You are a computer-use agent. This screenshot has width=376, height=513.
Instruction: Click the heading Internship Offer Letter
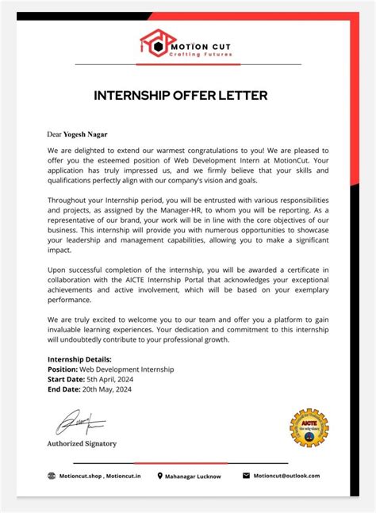click(181, 96)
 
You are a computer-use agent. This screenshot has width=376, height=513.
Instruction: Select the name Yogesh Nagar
click(98, 135)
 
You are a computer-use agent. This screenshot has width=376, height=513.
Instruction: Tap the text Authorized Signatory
click(82, 443)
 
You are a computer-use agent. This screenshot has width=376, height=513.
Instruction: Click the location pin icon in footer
click(160, 476)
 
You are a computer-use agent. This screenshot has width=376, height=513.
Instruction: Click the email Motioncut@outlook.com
click(286, 476)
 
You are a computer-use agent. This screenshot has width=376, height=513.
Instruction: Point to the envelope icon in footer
click(246, 476)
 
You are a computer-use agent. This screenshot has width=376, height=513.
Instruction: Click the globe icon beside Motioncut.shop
click(52, 476)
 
